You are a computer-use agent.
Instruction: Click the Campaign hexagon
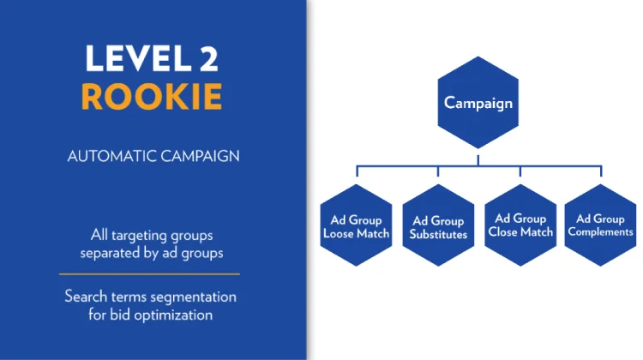(478, 104)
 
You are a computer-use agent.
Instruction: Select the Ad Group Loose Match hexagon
(356, 225)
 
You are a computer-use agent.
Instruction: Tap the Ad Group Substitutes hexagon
(438, 225)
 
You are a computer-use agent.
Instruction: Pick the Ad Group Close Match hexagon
(520, 225)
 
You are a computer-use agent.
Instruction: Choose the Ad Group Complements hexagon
(600, 225)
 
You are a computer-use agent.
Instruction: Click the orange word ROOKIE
(152, 97)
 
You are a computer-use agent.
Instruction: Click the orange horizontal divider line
(149, 274)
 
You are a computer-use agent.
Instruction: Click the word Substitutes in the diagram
(438, 234)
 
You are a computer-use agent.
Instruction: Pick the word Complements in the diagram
(600, 232)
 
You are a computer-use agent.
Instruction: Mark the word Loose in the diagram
(340, 234)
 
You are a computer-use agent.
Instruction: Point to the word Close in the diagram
(504, 232)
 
